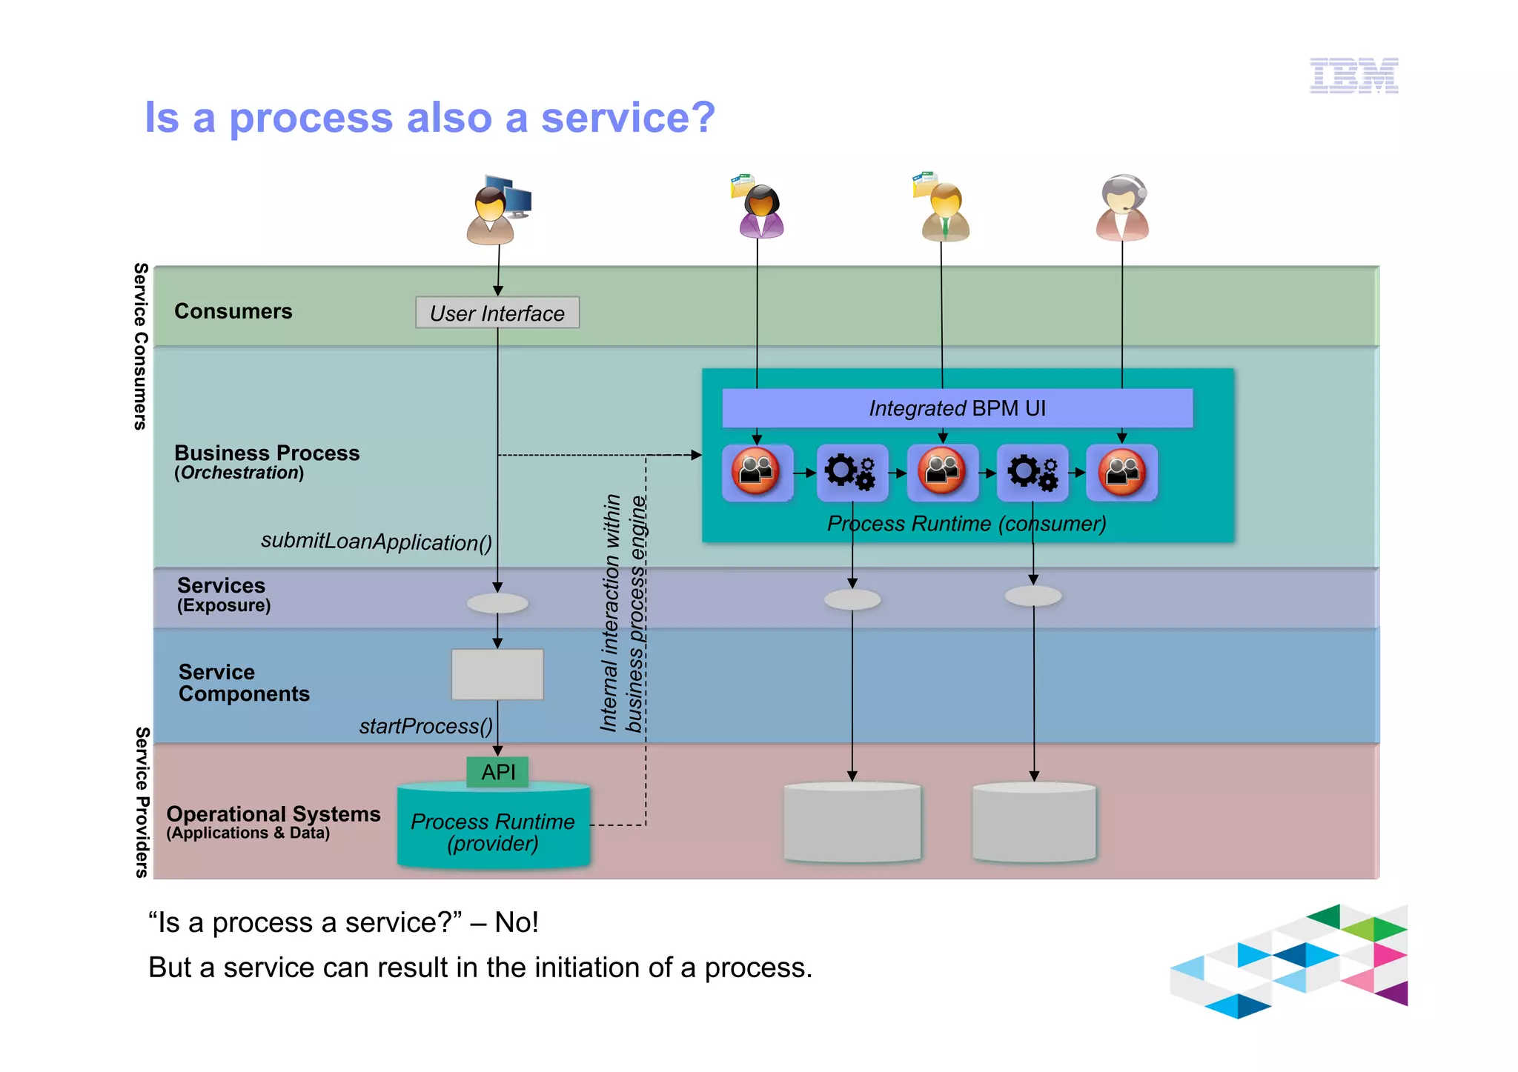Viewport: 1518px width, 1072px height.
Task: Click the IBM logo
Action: point(1353,76)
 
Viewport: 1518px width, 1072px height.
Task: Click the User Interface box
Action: point(497,313)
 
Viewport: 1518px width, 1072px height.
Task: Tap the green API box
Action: point(498,772)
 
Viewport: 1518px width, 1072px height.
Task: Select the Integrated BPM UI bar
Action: point(957,408)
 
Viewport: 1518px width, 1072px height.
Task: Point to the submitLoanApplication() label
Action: point(377,542)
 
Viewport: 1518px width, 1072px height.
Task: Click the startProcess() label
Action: point(425,726)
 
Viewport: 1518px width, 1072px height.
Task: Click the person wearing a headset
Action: point(1122,208)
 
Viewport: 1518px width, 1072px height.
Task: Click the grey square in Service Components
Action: point(497,674)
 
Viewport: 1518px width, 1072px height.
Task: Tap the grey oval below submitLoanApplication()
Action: point(497,604)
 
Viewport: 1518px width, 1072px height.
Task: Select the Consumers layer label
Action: point(233,311)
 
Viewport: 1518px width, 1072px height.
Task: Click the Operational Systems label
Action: point(273,813)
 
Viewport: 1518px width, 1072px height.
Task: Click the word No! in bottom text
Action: point(517,922)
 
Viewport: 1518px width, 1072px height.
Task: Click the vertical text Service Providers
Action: point(142,802)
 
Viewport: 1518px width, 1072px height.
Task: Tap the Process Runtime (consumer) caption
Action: point(967,524)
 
